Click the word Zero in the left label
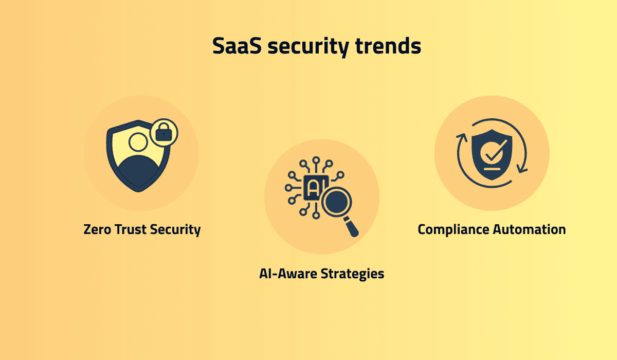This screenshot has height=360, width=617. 98,229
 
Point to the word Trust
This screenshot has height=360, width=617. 131,229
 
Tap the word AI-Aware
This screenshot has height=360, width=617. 288,273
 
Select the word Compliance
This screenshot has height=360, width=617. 453,229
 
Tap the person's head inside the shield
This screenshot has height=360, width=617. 138,142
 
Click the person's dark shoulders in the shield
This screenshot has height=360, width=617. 138,172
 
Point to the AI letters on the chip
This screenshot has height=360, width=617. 312,188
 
